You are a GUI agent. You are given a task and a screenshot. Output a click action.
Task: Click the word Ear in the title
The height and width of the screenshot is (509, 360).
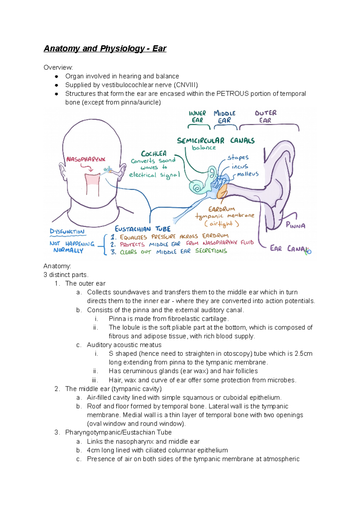159,49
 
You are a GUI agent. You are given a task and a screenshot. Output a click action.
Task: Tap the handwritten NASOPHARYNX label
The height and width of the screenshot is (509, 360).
86,159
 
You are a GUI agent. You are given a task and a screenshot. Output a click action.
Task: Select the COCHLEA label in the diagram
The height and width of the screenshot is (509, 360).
154,154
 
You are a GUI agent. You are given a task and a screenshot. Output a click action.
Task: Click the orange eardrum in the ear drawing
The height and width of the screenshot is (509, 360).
222,192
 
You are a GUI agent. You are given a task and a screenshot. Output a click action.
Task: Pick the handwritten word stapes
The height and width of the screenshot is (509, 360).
238,158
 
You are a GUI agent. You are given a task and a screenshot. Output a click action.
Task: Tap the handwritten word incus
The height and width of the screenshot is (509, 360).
240,166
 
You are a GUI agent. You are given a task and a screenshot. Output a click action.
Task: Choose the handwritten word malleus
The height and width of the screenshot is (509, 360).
247,174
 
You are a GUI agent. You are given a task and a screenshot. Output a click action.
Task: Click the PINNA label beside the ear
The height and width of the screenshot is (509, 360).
295,225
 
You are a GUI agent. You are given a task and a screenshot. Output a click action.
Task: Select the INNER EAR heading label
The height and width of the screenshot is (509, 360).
197,117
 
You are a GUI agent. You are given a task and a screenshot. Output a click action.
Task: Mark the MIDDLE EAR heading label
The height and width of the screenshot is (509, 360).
224,117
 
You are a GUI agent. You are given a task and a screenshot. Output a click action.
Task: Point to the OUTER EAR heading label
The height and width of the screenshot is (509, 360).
265,117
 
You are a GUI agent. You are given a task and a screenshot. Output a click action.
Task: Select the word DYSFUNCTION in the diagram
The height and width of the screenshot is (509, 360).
67,231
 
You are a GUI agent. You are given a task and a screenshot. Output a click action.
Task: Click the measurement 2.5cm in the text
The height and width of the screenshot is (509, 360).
303,353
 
